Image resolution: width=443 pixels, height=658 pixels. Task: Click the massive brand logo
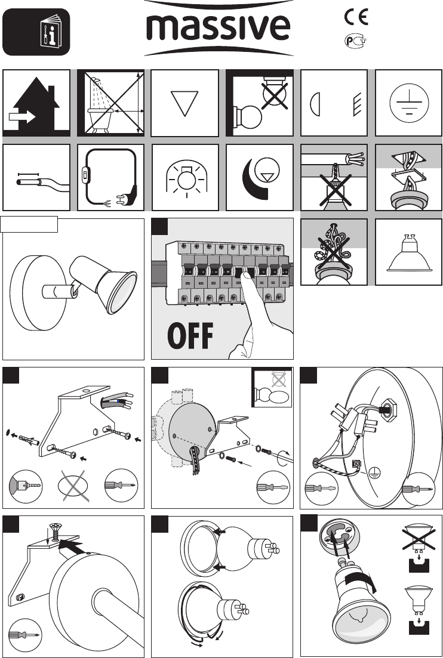tap(218, 28)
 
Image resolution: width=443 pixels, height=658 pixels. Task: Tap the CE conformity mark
tap(356, 17)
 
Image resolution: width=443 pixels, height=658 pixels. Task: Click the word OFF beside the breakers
tap(190, 336)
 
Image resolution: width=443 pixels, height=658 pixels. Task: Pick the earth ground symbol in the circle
tap(408, 103)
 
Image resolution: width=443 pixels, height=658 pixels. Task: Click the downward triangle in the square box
tap(184, 103)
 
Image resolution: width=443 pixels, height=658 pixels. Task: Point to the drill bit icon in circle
tap(26, 487)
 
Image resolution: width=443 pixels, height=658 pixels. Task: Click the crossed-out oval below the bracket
tap(73, 486)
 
